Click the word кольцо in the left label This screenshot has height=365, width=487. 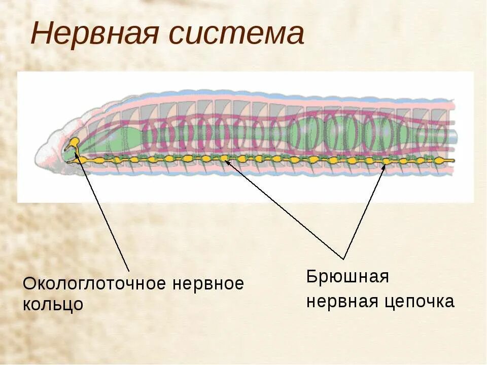point(53,305)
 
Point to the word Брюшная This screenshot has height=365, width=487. point(347,277)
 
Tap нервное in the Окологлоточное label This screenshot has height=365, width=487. point(208,284)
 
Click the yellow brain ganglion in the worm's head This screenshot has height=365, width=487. point(74,142)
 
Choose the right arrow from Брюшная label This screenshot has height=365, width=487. point(364,213)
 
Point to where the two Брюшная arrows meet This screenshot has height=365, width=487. point(344,259)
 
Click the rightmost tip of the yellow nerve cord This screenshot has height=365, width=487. point(454,161)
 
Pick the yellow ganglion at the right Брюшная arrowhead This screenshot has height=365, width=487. point(386,162)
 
